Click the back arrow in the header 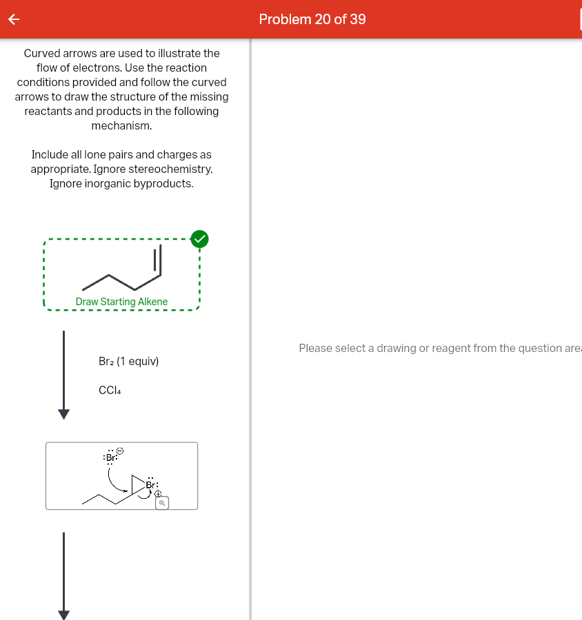pos(12,20)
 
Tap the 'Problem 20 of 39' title pos(312,19)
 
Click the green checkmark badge pos(199,239)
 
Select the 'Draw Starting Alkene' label pos(121,302)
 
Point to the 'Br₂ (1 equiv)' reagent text pos(129,362)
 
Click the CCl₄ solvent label pos(110,390)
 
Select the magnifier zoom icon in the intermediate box pos(161,504)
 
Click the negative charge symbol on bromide pos(119,450)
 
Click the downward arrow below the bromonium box pos(63,575)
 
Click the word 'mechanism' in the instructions pos(121,126)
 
